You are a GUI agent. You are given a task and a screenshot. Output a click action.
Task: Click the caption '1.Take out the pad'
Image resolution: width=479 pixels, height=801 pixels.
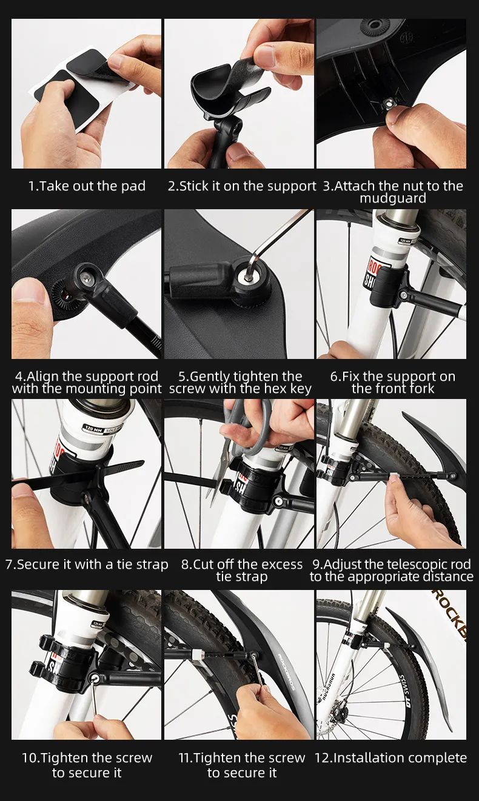tap(87, 186)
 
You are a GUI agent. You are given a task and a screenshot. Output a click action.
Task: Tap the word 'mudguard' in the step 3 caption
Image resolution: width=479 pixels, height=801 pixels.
tap(393, 198)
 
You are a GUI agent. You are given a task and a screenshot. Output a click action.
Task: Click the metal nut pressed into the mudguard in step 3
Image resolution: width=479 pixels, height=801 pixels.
tap(388, 104)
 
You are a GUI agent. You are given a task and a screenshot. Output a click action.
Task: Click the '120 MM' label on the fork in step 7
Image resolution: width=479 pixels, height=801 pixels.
tap(93, 428)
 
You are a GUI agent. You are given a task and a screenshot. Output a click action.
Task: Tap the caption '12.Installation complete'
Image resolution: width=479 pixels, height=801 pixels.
tap(390, 757)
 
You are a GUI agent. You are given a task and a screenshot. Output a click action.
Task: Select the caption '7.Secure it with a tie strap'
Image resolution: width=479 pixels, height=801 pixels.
tap(87, 565)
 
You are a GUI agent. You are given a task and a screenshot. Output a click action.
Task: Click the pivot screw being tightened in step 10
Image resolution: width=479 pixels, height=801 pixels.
tap(95, 676)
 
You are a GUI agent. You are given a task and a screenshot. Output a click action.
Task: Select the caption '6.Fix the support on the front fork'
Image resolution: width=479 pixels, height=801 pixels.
tap(393, 382)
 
